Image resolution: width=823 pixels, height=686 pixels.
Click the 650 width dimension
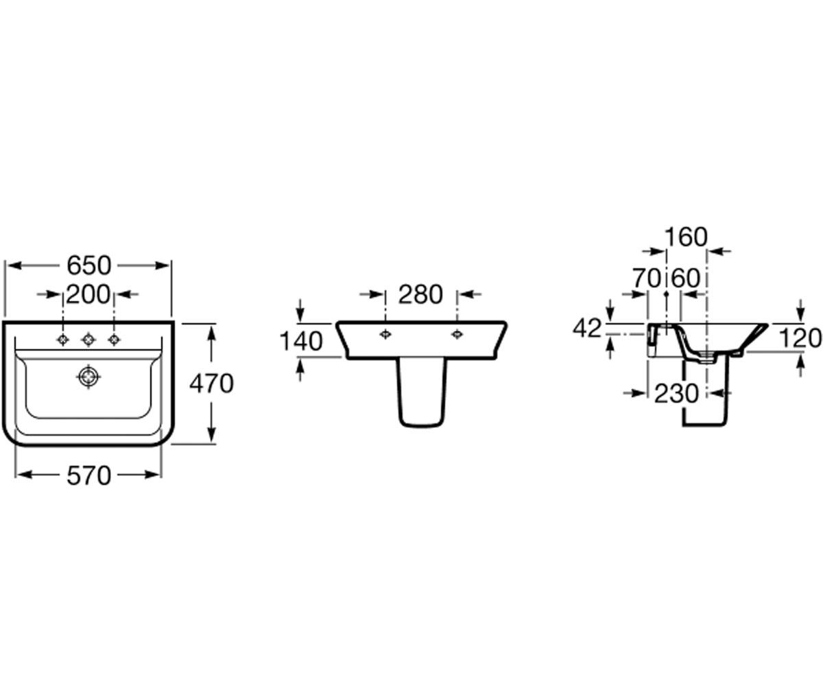(x=89, y=265)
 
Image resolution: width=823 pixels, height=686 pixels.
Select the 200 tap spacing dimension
(x=88, y=294)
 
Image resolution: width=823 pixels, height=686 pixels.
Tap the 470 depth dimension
(x=212, y=383)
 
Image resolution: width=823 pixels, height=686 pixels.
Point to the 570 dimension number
(x=89, y=476)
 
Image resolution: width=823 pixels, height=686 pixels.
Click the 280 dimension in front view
(x=420, y=294)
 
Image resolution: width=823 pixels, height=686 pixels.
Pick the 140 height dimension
(x=301, y=341)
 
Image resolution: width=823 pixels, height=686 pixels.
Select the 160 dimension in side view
(x=687, y=237)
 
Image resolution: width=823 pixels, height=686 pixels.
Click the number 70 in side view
(x=647, y=278)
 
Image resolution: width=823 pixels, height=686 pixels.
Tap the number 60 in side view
(x=686, y=278)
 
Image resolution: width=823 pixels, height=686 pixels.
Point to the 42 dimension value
(x=587, y=329)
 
